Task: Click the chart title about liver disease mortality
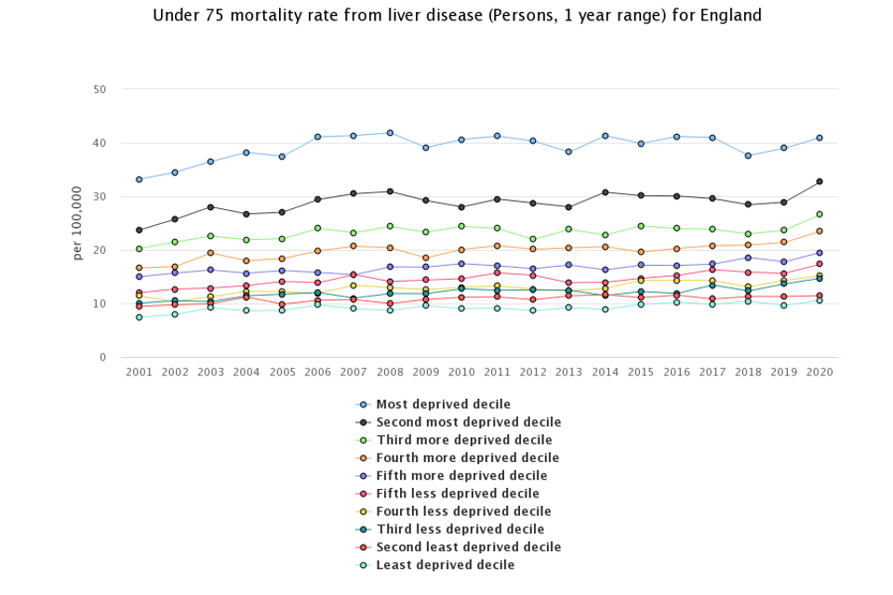click(457, 16)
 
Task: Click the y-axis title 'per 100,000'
click(77, 223)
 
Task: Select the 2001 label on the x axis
click(139, 371)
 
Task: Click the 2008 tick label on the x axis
click(390, 371)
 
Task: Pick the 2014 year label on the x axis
click(605, 371)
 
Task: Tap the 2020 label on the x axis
click(820, 371)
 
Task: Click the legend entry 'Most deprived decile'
click(443, 404)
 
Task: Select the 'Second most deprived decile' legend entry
click(468, 422)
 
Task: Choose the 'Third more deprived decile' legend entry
click(463, 440)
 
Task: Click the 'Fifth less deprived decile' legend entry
click(457, 494)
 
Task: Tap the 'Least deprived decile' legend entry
click(445, 565)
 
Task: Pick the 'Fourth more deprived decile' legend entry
click(467, 457)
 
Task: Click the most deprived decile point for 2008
click(390, 133)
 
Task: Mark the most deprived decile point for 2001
click(139, 179)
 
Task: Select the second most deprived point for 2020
click(820, 181)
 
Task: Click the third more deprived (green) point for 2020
click(820, 214)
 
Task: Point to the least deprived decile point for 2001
click(139, 317)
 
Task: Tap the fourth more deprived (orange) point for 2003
click(210, 253)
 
